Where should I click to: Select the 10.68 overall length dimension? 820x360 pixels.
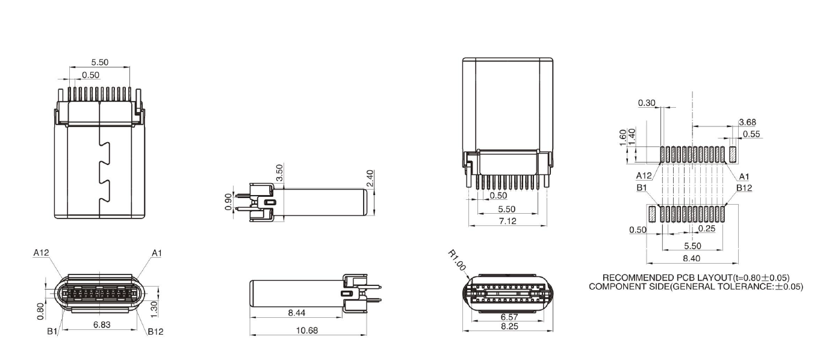tap(307, 330)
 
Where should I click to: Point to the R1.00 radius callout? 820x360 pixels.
tap(456, 262)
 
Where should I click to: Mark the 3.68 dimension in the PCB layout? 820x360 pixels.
tap(747, 122)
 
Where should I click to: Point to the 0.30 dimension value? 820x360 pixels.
tap(647, 103)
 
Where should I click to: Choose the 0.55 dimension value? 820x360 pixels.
tap(751, 134)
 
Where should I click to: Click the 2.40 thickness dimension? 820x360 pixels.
tap(370, 178)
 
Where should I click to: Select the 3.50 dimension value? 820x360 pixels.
tap(279, 174)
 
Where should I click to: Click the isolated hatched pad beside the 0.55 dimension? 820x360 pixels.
tap(733, 154)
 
